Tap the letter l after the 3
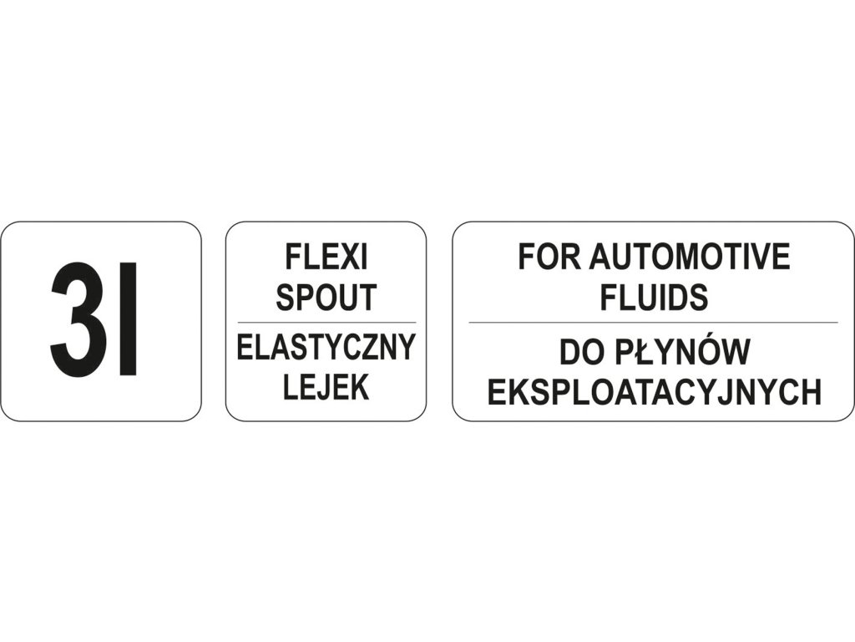[128, 319]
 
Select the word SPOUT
[326, 298]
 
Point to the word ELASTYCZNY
[326, 348]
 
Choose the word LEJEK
[326, 387]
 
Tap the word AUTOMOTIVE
[690, 257]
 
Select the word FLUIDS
[654, 297]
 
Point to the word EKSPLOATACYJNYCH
[654, 392]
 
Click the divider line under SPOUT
[326, 323]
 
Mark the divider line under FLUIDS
[653, 323]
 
